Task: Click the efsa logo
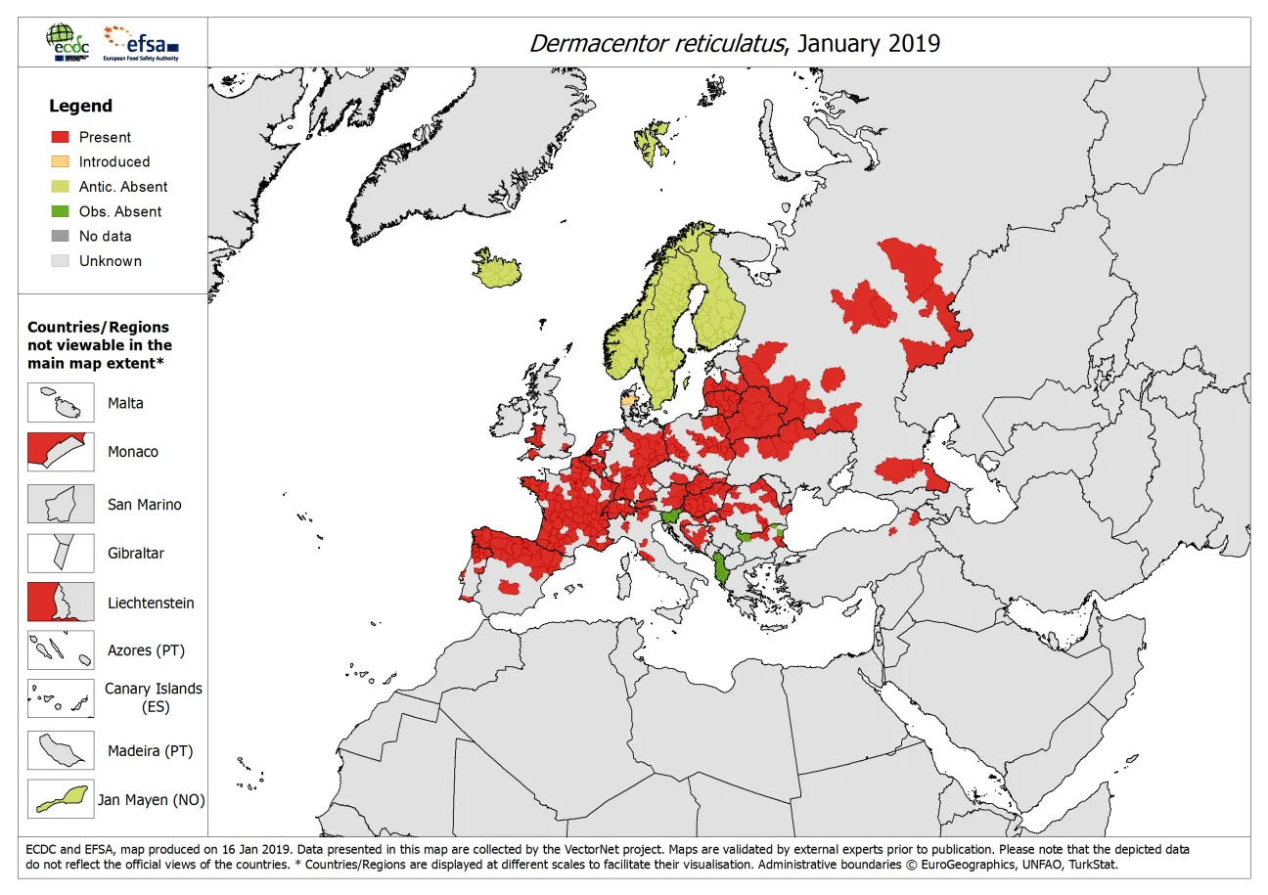pos(141,42)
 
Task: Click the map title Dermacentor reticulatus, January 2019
pos(734,43)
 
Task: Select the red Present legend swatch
pos(61,137)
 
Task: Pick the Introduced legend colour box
pos(61,161)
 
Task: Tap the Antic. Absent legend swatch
pos(61,187)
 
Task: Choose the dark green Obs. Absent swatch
pos(61,211)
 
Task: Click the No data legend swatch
pos(61,236)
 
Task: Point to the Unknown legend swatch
pos(61,261)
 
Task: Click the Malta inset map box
pos(61,403)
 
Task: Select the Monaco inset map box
pos(61,452)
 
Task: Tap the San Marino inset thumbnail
pos(61,504)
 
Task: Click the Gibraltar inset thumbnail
pos(61,553)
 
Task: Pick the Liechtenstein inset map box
pos(61,602)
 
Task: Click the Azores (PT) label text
pos(146,650)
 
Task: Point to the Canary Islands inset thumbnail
pos(61,697)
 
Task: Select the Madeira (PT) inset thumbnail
pos(61,750)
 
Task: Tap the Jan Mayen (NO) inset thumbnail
pos(61,799)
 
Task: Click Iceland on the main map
pos(497,269)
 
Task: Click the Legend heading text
pos(81,106)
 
